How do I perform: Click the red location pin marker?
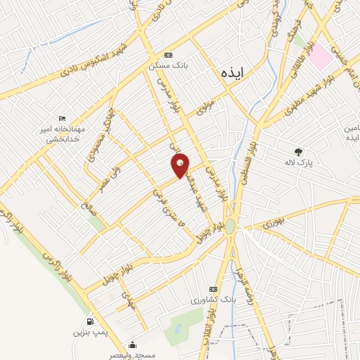coord(180,165)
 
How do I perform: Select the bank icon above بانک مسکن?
coord(167,55)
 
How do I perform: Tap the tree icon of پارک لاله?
coord(299,151)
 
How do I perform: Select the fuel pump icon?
coord(89,321)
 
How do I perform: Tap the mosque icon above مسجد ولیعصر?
coord(132,345)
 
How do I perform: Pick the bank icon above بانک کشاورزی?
coord(213,290)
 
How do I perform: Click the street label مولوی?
coord(205,107)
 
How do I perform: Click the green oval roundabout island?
coord(230,226)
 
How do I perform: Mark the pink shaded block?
coord(321,56)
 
